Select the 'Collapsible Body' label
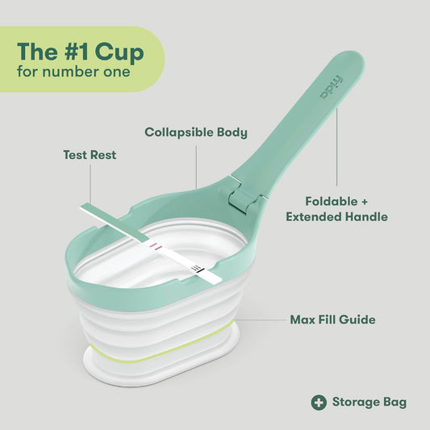[x=196, y=132]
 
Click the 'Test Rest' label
[x=90, y=154]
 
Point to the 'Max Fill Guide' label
[x=332, y=319]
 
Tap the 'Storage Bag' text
[x=369, y=402]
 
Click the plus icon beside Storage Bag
[x=319, y=402]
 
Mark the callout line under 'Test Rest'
[x=90, y=184]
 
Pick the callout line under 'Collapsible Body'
[x=196, y=165]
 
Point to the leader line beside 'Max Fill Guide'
[x=258, y=320]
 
